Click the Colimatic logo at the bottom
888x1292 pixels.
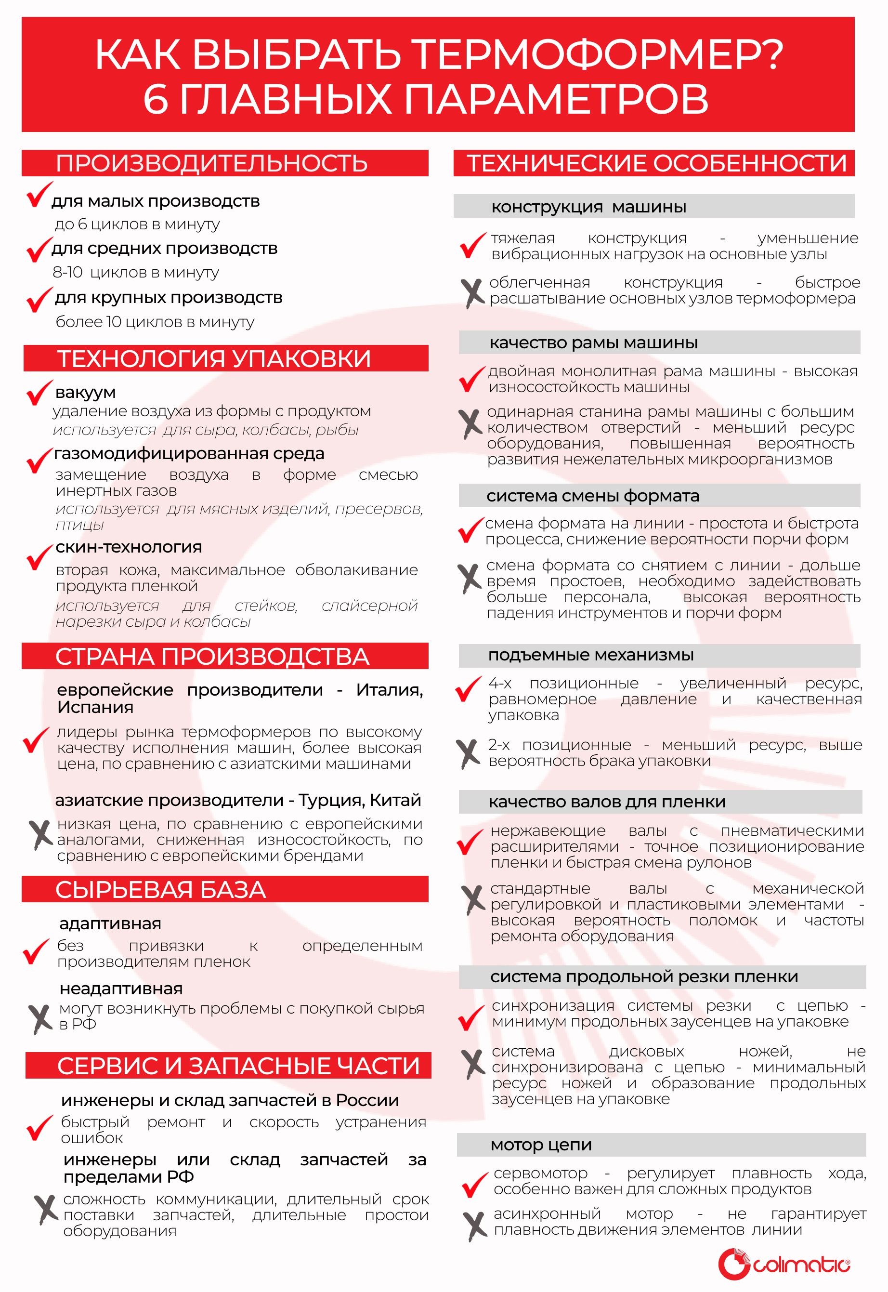pos(784,1264)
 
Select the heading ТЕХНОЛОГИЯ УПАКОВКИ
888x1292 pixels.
pos(214,358)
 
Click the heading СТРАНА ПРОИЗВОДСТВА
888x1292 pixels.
pos(212,657)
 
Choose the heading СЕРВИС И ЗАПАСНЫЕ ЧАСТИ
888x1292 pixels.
pos(238,1066)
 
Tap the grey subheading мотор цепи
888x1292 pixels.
pos(541,1145)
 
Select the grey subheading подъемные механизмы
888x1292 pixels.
pos(591,655)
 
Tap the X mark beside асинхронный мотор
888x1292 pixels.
pos(475,1226)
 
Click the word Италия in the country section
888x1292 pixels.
pos(389,690)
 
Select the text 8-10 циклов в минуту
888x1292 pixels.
pos(136,272)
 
